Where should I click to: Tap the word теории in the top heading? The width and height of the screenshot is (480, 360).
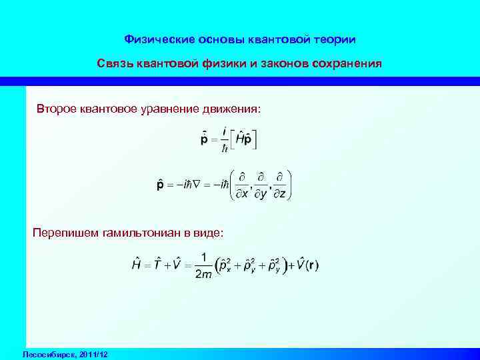pyautogui.click(x=334, y=40)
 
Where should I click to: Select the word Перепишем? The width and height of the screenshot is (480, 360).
pyautogui.click(x=64, y=233)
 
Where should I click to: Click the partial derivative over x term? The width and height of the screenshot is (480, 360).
pyautogui.click(x=243, y=185)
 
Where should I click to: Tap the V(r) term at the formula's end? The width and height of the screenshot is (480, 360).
pyautogui.click(x=307, y=264)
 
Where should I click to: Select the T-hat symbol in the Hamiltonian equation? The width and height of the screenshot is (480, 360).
pyautogui.click(x=159, y=264)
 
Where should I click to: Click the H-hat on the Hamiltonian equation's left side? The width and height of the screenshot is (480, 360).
pyautogui.click(x=136, y=264)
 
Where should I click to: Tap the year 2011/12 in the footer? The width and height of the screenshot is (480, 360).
pyautogui.click(x=93, y=353)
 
